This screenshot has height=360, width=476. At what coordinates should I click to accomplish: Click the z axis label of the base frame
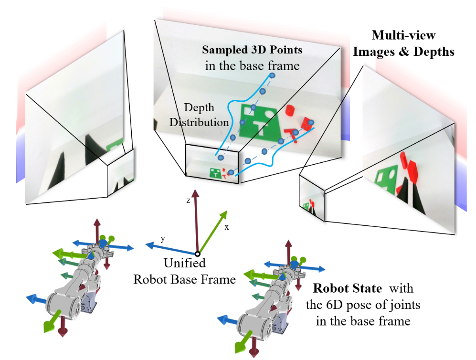(x=188, y=201)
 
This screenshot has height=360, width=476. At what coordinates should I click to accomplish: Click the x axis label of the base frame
(x=226, y=227)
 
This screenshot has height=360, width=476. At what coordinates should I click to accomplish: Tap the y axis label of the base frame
(x=163, y=239)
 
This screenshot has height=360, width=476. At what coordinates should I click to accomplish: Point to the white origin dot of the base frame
(x=198, y=254)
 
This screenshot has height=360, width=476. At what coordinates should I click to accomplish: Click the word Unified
(x=185, y=263)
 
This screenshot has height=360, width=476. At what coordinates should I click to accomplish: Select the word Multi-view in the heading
(x=403, y=35)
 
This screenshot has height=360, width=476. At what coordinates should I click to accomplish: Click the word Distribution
(x=199, y=122)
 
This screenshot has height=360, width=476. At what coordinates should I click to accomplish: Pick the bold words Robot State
(x=347, y=288)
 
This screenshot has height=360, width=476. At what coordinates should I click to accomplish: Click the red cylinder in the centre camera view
(x=290, y=110)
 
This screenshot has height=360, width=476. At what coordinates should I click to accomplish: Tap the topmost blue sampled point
(x=272, y=75)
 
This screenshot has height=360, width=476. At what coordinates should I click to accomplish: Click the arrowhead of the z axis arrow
(x=195, y=193)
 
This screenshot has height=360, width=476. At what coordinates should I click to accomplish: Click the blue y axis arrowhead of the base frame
(x=149, y=244)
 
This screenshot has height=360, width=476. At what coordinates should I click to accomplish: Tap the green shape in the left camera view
(x=114, y=145)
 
